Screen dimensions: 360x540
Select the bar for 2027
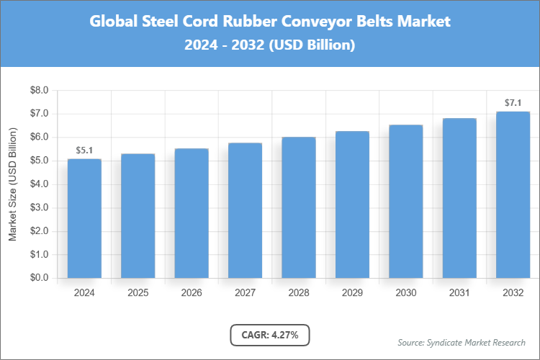(245, 210)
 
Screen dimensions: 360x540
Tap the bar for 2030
(405, 202)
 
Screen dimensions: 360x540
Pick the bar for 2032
(513, 194)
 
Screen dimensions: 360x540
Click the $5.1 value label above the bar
(84, 150)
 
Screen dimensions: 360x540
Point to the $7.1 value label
(513, 103)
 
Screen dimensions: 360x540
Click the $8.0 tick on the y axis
(38, 91)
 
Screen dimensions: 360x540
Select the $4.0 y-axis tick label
(38, 184)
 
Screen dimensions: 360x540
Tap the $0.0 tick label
(38, 278)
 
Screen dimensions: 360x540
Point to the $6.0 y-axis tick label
(38, 138)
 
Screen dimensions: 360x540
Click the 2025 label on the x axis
(138, 293)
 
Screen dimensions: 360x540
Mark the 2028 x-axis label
(298, 293)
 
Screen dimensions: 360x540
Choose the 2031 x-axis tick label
(459, 293)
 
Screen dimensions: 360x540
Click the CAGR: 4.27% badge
(270, 335)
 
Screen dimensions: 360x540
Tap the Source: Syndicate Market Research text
(461, 342)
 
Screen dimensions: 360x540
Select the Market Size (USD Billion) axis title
(13, 184)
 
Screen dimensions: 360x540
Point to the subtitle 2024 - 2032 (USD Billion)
(270, 45)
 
